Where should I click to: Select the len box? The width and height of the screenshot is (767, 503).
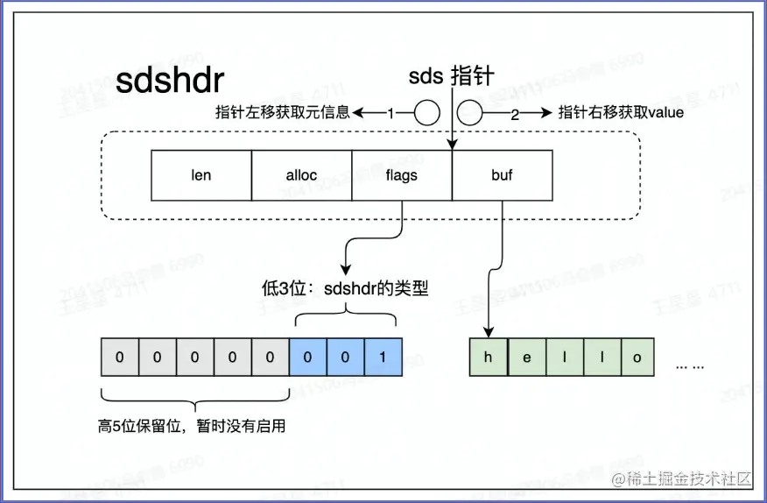pos(201,174)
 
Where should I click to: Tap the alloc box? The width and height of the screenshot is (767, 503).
pos(301,174)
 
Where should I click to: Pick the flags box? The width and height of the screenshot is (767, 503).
pos(402,174)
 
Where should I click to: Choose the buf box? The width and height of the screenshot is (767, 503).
pos(503,174)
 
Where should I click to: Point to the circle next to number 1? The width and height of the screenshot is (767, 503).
pos(426,113)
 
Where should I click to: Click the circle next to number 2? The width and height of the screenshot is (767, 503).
pos(470,113)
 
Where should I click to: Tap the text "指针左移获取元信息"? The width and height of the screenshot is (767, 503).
pos(283,113)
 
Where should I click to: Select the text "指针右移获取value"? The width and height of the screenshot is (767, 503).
pos(621,113)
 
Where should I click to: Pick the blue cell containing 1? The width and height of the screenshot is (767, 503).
pos(383,358)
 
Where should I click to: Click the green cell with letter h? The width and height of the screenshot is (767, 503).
pos(488,358)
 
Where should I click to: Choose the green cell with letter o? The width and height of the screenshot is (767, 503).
pos(637,358)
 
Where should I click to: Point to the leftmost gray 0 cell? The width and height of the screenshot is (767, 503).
pos(119,358)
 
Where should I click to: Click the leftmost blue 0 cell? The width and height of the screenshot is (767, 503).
pos(307,358)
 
